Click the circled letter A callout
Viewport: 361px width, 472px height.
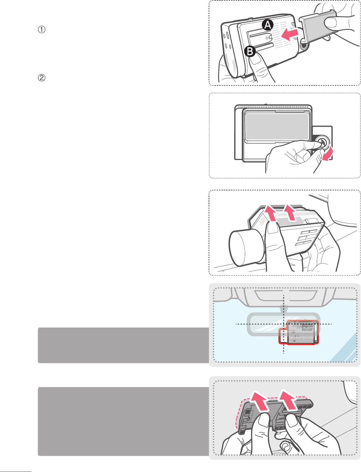click(268, 25)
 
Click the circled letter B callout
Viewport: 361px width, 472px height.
click(250, 51)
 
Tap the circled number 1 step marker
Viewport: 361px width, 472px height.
click(42, 29)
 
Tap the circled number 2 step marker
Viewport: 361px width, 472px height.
click(42, 78)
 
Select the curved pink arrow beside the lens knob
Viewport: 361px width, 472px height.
click(328, 154)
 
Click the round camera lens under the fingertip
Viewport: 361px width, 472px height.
click(322, 142)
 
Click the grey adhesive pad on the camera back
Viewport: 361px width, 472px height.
click(277, 127)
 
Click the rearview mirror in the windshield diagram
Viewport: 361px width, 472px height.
click(283, 324)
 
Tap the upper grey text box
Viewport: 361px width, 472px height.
click(124, 345)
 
